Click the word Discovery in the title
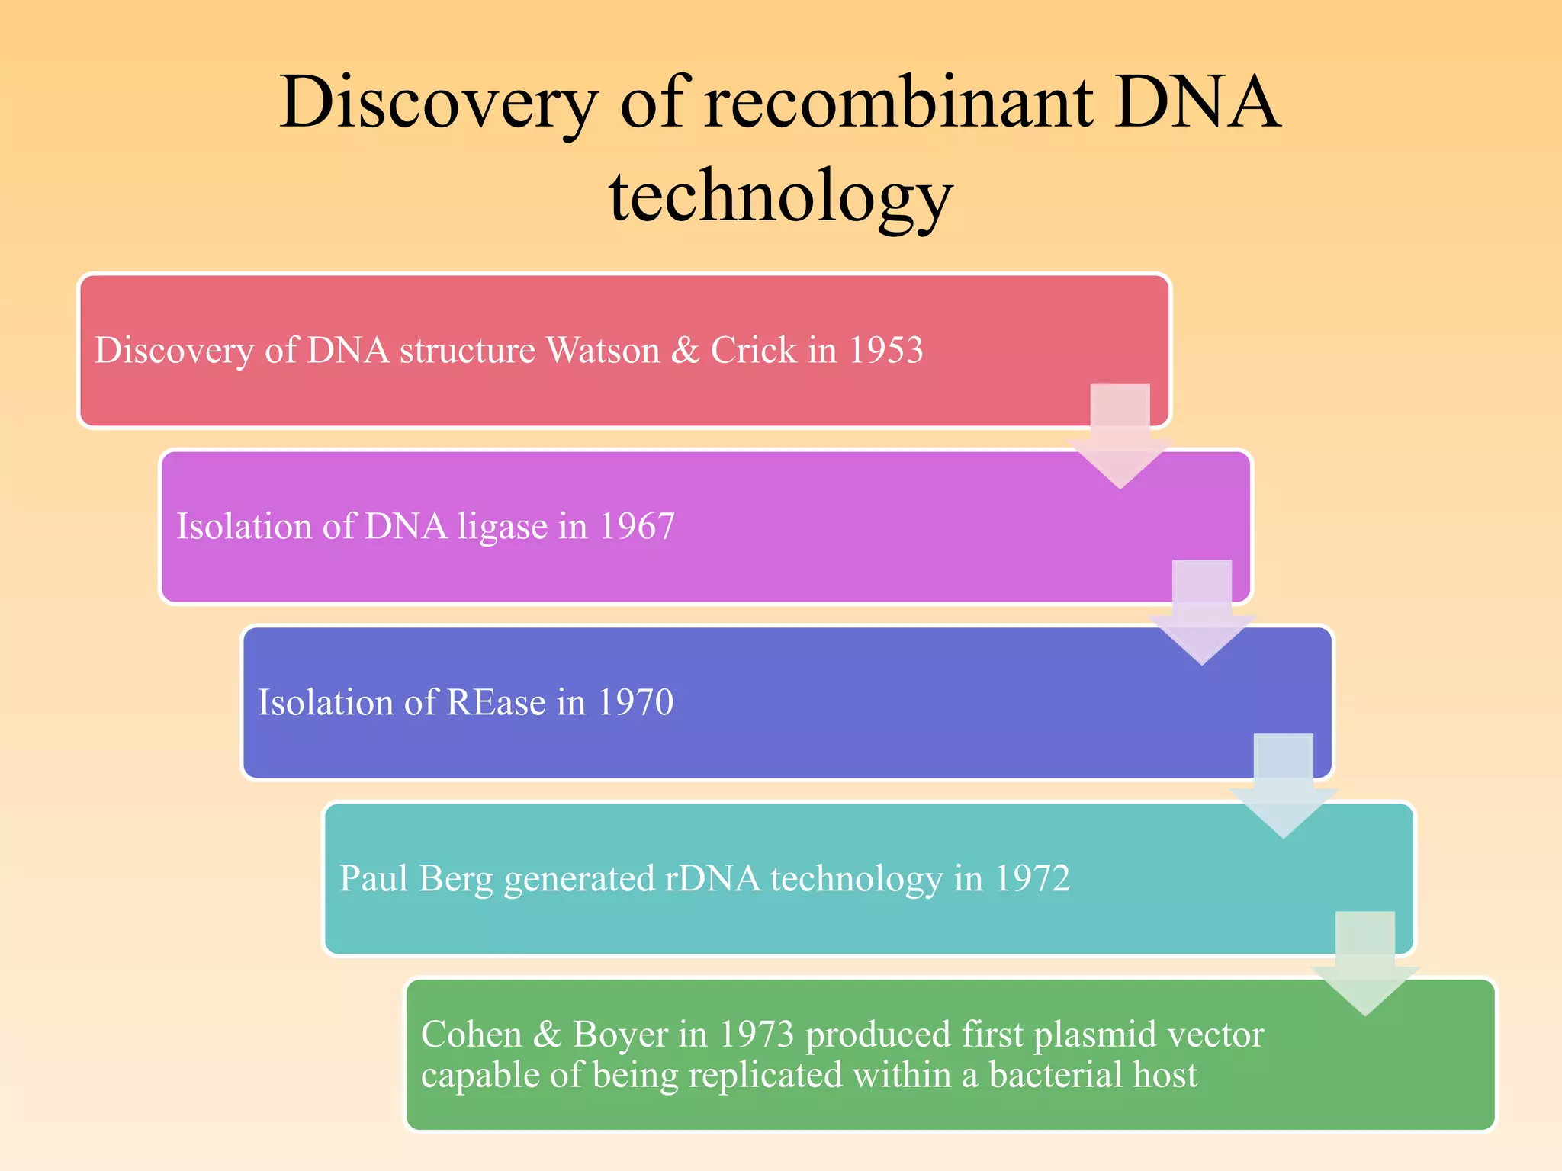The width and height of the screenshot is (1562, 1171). (x=439, y=103)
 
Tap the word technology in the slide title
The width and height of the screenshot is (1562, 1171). (x=780, y=197)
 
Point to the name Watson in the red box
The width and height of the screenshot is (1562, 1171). (x=603, y=350)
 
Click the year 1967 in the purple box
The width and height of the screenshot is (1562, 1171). (x=637, y=526)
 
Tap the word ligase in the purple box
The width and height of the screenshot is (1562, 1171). (x=502, y=526)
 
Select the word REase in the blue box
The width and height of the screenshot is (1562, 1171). (x=496, y=702)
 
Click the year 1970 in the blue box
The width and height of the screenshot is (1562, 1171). (x=635, y=702)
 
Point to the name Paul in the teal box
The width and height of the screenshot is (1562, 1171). (x=374, y=878)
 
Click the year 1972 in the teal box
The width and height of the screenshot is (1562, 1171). (x=1032, y=878)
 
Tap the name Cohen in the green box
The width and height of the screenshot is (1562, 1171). (x=471, y=1035)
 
